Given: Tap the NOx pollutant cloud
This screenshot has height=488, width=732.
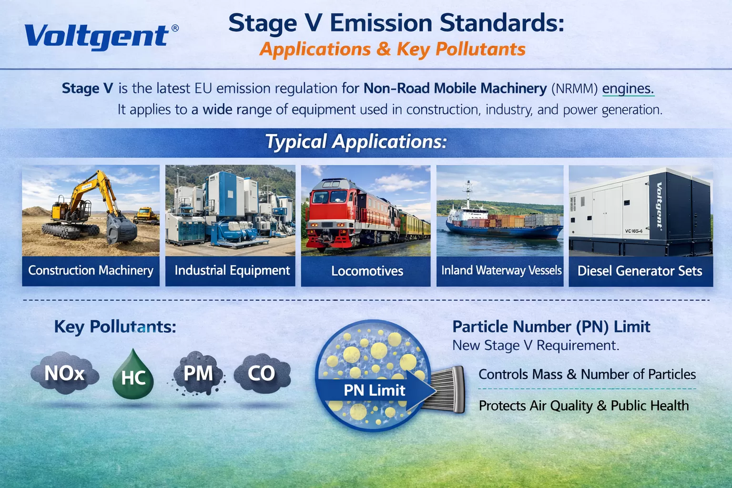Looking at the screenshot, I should click(65, 374).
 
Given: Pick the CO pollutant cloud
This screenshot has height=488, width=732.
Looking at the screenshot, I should click(262, 374).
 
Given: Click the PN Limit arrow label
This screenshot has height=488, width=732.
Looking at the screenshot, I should click(375, 391).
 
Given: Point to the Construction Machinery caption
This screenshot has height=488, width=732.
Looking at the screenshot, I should click(91, 271).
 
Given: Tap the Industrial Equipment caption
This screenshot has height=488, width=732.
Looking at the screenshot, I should click(232, 271).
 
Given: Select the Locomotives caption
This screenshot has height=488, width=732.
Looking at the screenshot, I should click(367, 271).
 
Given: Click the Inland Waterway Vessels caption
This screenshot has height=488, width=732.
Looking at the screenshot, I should click(501, 271).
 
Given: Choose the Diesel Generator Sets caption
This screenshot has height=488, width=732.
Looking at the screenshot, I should click(640, 271).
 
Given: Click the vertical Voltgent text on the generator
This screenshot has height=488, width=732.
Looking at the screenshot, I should click(659, 205).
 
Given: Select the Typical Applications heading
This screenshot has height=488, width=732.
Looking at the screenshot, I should click(356, 142).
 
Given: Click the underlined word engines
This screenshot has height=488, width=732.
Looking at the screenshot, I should click(628, 89).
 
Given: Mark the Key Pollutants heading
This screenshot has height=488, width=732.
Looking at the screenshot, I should click(115, 327).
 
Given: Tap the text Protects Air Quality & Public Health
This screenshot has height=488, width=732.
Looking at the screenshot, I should click(584, 406).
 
